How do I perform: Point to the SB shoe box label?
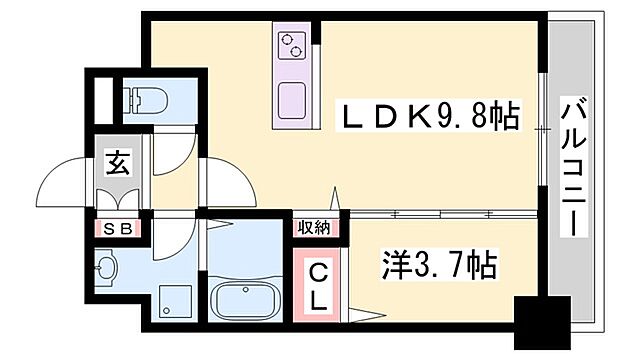point(118,228)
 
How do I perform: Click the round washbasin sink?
point(108,267)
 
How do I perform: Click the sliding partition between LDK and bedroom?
point(440,213)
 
